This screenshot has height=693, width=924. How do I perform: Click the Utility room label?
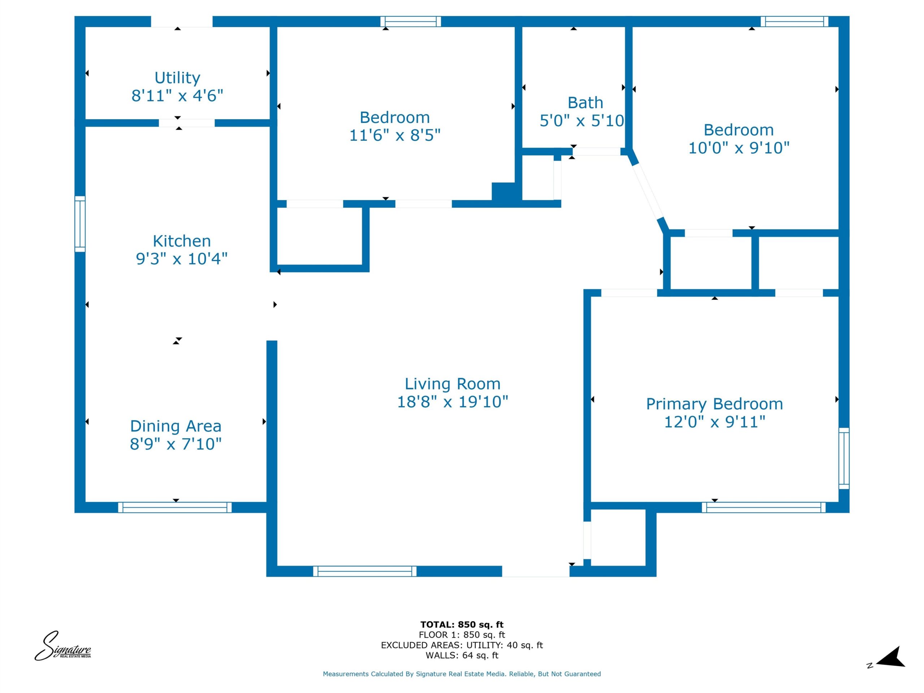tap(177, 78)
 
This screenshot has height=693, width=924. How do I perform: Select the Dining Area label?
tap(175, 426)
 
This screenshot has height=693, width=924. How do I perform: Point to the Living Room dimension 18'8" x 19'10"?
tap(452, 402)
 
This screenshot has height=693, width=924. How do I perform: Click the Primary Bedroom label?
tap(714, 404)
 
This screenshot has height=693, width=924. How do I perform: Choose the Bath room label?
tap(585, 103)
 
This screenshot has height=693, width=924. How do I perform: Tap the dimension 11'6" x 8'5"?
tap(395, 135)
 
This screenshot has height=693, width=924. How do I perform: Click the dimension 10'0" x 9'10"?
tap(738, 148)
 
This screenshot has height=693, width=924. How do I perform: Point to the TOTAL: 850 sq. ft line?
tap(462, 624)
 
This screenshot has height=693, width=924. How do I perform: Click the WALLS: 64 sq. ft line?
tap(462, 655)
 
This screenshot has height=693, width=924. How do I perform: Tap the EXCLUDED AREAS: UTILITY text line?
tap(462, 645)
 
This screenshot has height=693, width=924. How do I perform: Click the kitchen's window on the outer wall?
tap(80, 224)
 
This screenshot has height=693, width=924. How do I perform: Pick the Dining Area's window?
tap(175, 507)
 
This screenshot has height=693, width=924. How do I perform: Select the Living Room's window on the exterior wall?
tap(365, 571)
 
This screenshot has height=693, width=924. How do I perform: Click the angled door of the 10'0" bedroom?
tap(648, 191)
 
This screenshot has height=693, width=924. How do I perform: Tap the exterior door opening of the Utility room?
tap(181, 22)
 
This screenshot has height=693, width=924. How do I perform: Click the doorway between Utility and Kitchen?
tap(186, 123)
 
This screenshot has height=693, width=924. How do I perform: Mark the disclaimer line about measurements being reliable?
tap(462, 674)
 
